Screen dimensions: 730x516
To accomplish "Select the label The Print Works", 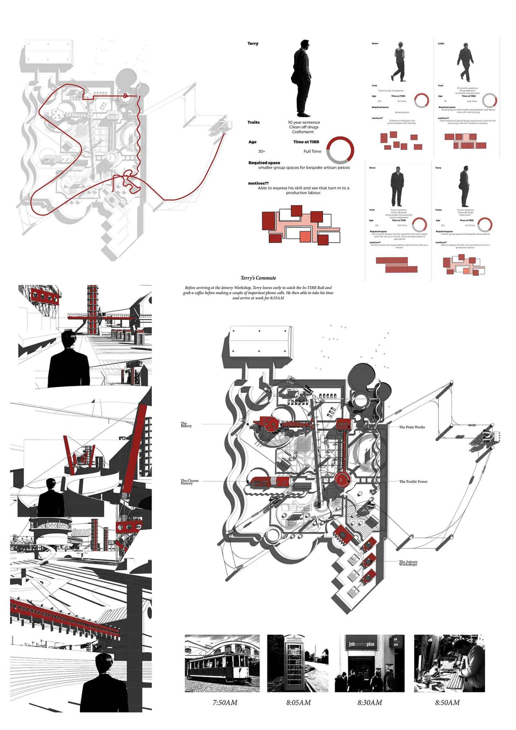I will click(412, 427).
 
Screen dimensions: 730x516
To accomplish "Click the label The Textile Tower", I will click(413, 482).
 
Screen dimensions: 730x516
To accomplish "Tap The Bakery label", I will click(186, 425).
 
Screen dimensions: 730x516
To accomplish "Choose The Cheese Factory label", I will click(189, 482).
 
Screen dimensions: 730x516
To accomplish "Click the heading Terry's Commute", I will click(258, 278).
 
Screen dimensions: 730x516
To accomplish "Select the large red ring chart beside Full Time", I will click(340, 150).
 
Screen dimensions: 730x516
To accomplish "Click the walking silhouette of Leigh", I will click(466, 62).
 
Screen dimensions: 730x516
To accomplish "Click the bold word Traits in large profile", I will click(254, 122).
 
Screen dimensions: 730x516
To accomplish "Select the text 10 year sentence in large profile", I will click(304, 122).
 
